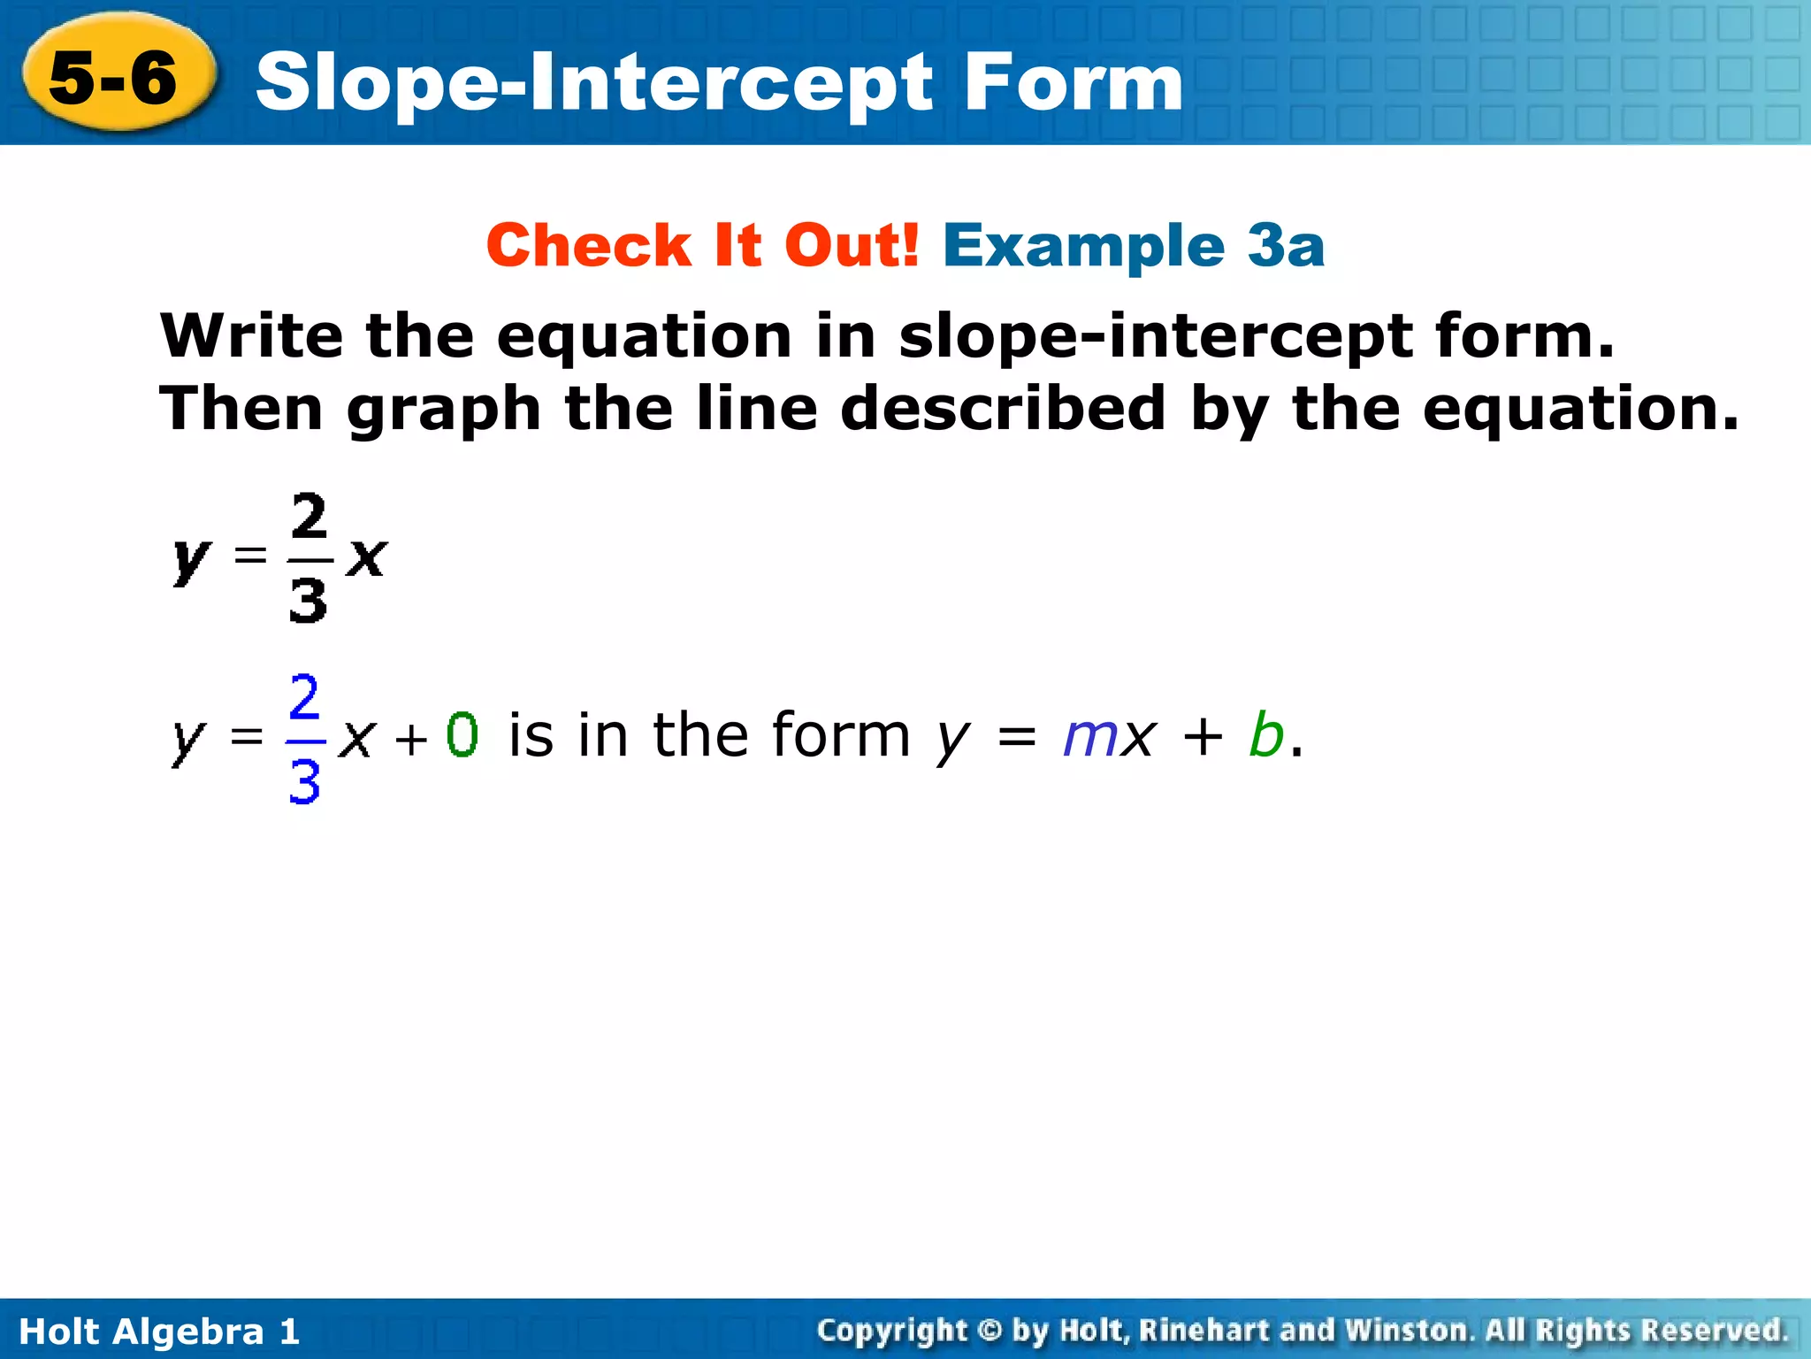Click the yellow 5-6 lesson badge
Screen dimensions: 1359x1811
(x=115, y=77)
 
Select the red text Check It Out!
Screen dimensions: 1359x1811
(x=703, y=245)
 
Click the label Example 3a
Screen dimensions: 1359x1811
(x=1134, y=245)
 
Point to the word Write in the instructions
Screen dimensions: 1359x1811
(x=251, y=336)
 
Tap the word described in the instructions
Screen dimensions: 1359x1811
(x=1003, y=409)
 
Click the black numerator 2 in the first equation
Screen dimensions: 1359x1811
(x=309, y=517)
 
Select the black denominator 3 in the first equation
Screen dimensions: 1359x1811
(x=308, y=601)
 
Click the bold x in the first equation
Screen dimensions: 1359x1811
(x=366, y=557)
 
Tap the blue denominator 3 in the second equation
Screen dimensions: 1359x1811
(x=304, y=782)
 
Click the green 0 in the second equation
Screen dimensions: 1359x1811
(x=462, y=735)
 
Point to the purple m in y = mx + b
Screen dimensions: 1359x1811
(x=1089, y=737)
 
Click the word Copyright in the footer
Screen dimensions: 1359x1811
(x=892, y=1331)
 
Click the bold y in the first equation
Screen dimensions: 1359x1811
(x=190, y=559)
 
